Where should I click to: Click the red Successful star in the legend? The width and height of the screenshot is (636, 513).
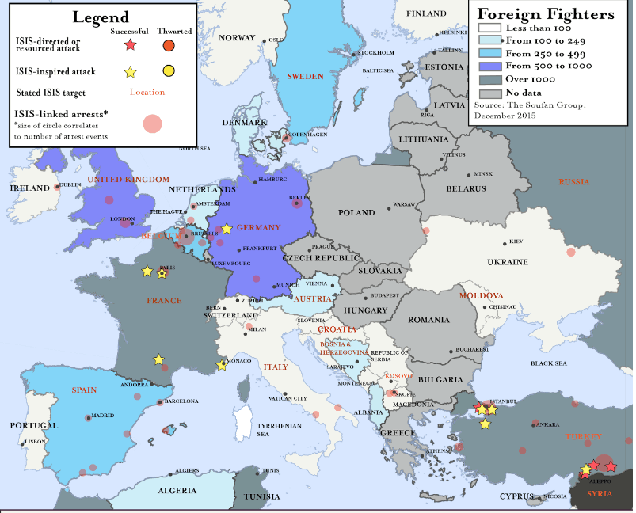pyautogui.click(x=131, y=45)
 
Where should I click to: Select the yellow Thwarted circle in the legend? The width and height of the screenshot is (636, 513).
pyautogui.click(x=168, y=71)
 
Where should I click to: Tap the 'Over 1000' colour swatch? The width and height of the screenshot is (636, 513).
pyautogui.click(x=490, y=78)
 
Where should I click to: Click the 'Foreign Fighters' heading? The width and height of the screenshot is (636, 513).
pyautogui.click(x=546, y=14)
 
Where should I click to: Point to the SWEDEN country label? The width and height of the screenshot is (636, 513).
pyautogui.click(x=305, y=76)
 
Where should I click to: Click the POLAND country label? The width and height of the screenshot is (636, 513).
pyautogui.click(x=356, y=213)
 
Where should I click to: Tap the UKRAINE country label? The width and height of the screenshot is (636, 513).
pyautogui.click(x=507, y=262)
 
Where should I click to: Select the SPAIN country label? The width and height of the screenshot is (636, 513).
pyautogui.click(x=84, y=390)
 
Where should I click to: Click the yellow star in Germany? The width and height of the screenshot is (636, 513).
pyautogui.click(x=227, y=229)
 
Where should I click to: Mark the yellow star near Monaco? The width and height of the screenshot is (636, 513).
pyautogui.click(x=222, y=366)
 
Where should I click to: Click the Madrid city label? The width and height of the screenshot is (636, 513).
pyautogui.click(x=102, y=416)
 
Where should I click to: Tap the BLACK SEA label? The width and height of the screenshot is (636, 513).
pyautogui.click(x=549, y=363)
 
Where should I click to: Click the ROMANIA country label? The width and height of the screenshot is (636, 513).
pyautogui.click(x=428, y=320)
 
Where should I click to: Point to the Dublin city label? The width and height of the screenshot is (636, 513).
pyautogui.click(x=70, y=185)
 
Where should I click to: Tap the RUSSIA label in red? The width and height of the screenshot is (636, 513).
pyautogui.click(x=574, y=182)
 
